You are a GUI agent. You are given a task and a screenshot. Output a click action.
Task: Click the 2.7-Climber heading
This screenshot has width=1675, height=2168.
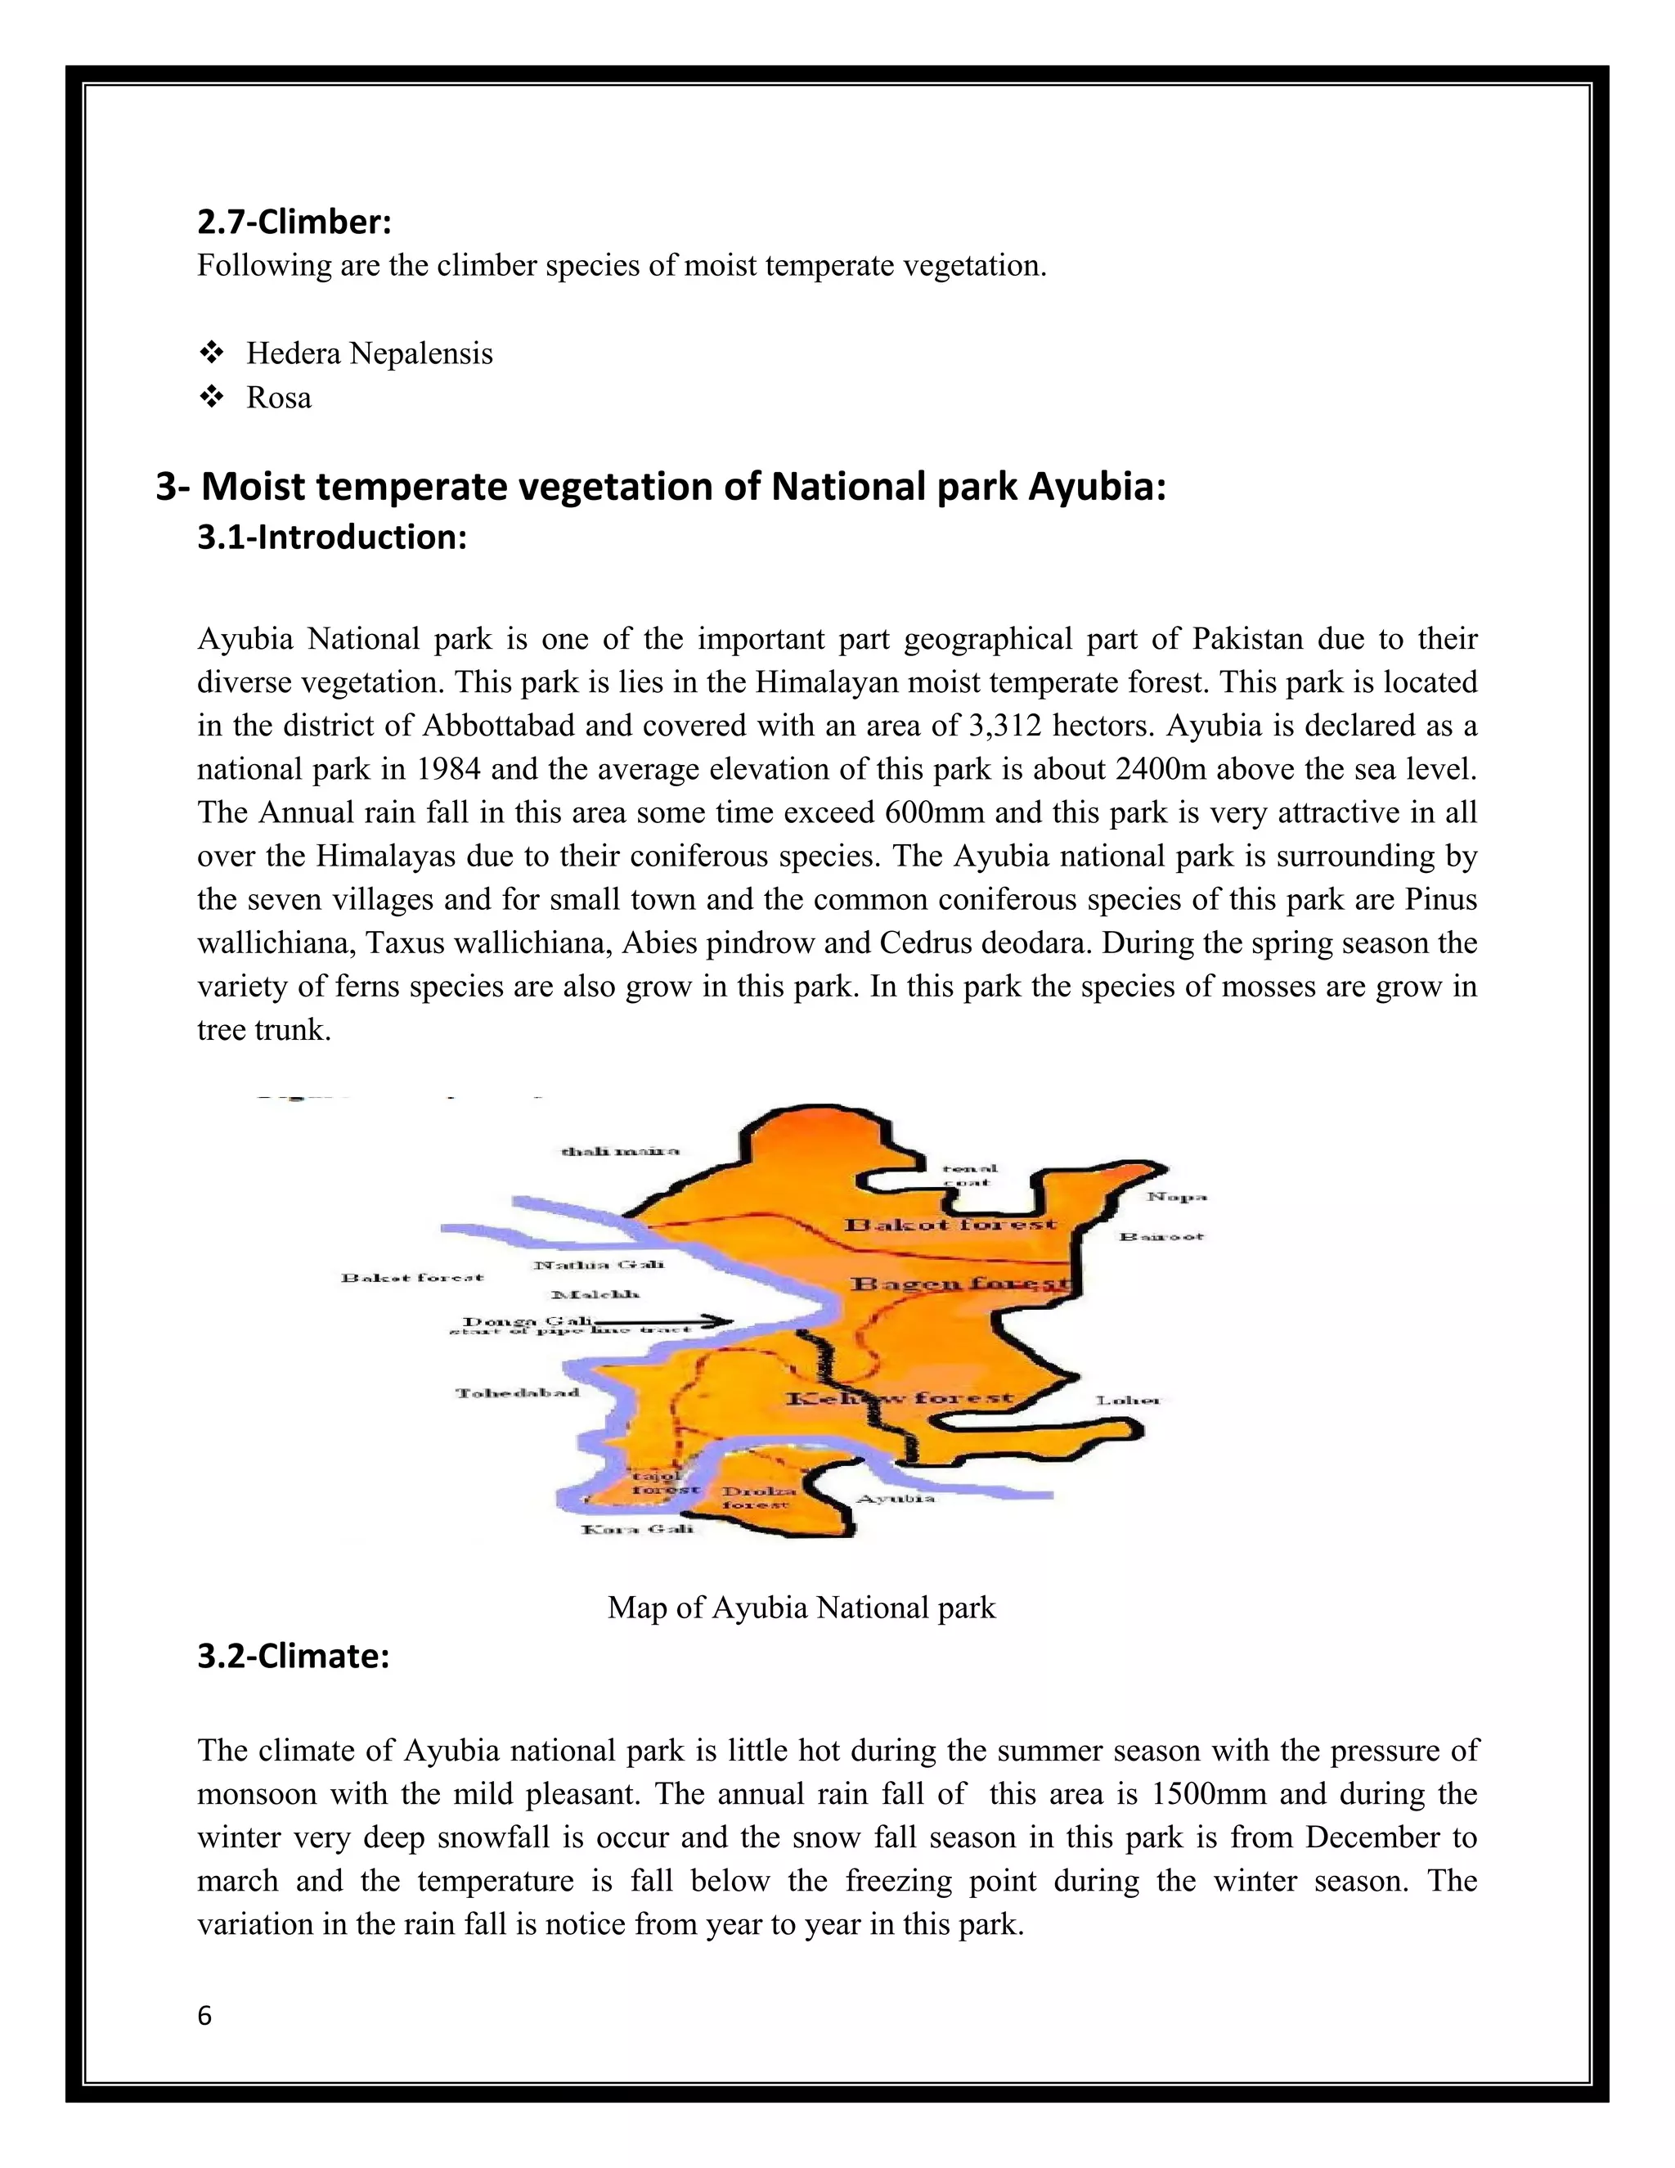(x=294, y=222)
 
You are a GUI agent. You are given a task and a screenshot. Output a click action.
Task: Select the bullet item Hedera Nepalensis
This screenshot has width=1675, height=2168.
(x=369, y=353)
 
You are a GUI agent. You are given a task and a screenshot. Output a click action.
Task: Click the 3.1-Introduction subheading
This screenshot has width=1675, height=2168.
(x=331, y=537)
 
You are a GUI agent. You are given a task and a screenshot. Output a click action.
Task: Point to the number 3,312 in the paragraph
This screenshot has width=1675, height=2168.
(x=1004, y=726)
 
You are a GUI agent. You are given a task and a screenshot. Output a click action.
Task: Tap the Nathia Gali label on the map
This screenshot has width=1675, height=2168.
(x=599, y=1264)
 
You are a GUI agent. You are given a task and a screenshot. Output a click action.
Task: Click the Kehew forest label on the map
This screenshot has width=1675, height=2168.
(x=899, y=1399)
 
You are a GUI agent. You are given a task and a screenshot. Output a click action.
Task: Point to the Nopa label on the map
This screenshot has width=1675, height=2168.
(x=1177, y=1196)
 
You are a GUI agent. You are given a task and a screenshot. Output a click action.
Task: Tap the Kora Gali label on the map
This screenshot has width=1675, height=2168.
(x=637, y=1529)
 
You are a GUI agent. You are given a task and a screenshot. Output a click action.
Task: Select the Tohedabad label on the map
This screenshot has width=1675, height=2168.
(x=517, y=1392)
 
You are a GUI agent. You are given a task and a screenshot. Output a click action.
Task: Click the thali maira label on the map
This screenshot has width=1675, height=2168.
(x=620, y=1152)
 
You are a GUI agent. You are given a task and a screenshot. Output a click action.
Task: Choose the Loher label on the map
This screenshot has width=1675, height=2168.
(x=1127, y=1401)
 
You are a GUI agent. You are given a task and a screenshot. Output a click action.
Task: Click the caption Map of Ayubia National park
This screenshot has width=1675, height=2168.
(x=801, y=1607)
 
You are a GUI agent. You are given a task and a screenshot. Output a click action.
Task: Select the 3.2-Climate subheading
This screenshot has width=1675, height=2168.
(x=293, y=1656)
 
